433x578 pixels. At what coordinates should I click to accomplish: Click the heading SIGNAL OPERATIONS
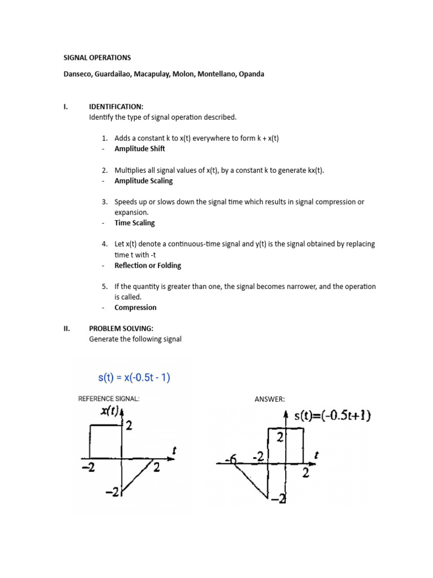click(x=96, y=58)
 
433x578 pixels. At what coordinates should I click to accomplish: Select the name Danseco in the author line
click(x=78, y=74)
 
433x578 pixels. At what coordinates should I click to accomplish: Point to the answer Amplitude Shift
click(x=140, y=149)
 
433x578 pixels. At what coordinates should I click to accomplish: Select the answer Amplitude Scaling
click(x=143, y=181)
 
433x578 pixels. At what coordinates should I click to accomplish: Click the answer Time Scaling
click(x=134, y=223)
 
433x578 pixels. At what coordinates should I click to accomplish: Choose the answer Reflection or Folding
click(x=148, y=265)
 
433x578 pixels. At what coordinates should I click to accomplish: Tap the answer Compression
click(x=135, y=308)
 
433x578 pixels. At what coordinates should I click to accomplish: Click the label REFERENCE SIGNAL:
click(x=108, y=399)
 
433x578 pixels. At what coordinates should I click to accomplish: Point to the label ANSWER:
click(x=270, y=400)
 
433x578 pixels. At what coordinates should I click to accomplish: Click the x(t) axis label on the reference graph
click(x=111, y=413)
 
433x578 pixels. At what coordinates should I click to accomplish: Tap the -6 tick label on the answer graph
click(x=231, y=461)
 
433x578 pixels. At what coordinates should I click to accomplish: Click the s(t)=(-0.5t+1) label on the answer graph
click(x=332, y=416)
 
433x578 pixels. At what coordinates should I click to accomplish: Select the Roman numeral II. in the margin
click(x=66, y=329)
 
